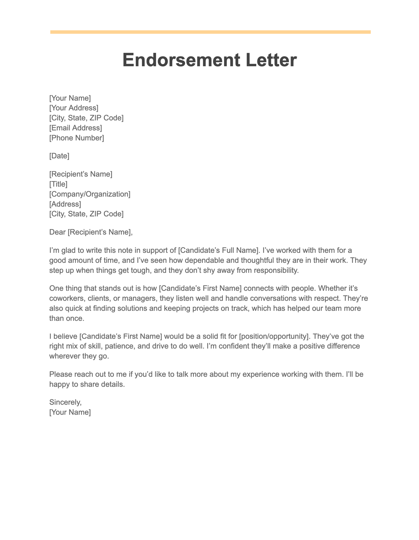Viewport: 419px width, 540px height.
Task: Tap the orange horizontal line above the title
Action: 210,32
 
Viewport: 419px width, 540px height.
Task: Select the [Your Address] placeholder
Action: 74,108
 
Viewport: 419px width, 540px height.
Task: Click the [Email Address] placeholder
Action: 76,128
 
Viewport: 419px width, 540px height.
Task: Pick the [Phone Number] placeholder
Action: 76,138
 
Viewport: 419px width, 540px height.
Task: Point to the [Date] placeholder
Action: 59,156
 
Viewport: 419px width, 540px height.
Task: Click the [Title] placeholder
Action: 58,184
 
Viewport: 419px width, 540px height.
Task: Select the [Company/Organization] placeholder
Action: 90,194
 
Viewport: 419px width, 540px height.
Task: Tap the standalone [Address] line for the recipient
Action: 65,204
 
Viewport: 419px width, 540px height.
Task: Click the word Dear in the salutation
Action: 57,232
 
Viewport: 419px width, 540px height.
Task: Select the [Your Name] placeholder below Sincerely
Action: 70,412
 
